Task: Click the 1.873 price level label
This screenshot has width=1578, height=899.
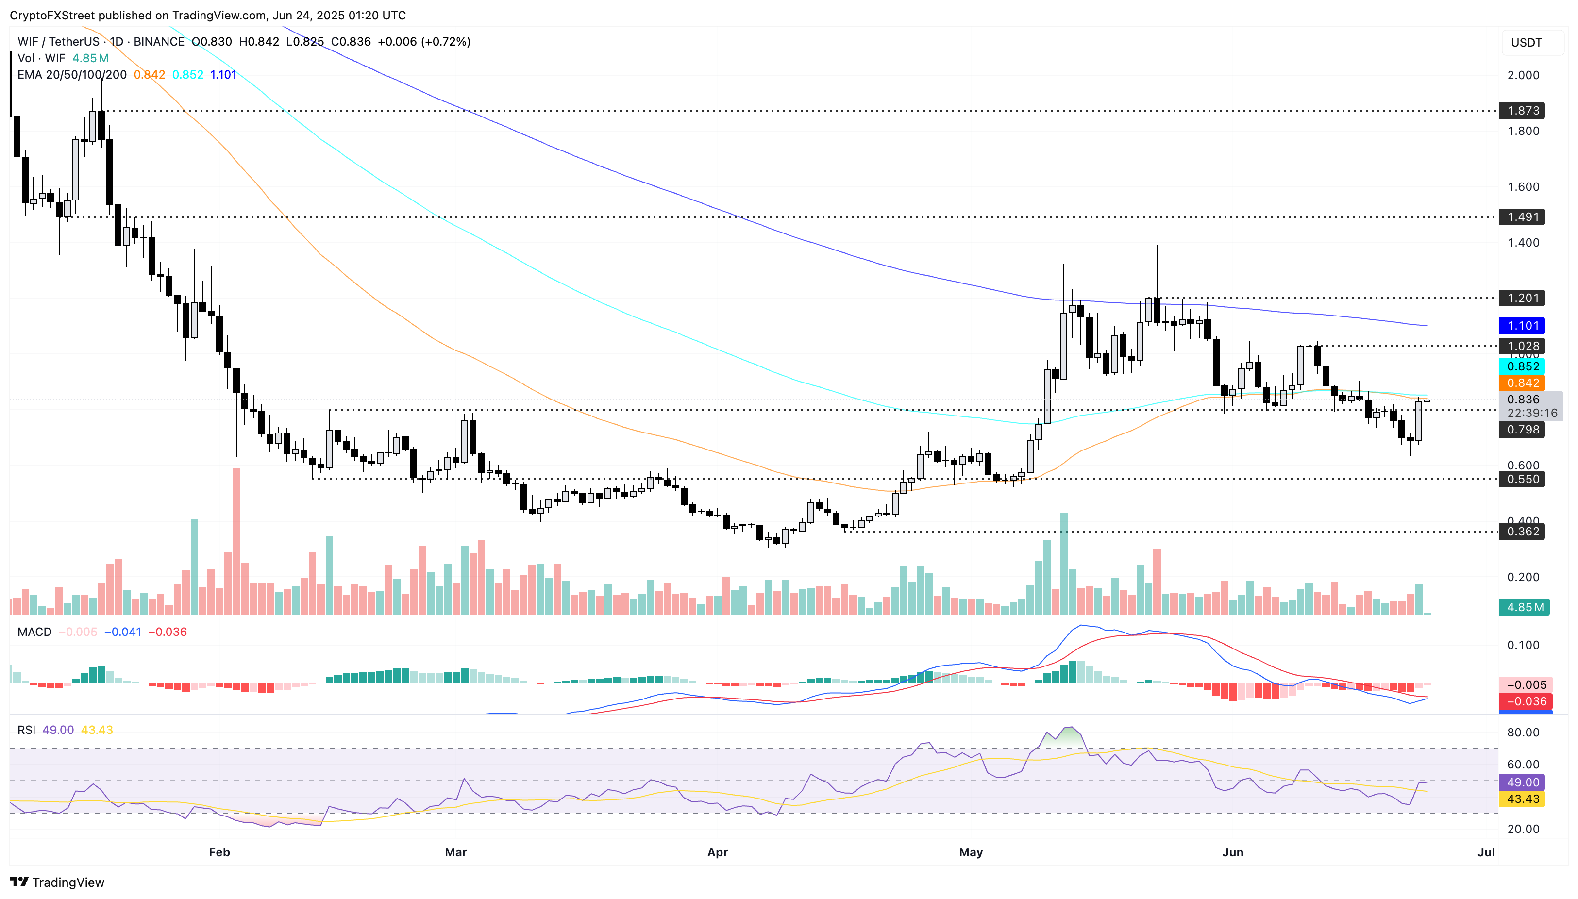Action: click(1523, 111)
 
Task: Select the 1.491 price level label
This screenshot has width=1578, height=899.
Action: click(1523, 216)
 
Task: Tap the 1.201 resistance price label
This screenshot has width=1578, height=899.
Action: click(1523, 298)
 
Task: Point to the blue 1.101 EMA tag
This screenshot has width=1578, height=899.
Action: click(1523, 325)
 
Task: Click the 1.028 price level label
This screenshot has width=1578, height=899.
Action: click(1523, 346)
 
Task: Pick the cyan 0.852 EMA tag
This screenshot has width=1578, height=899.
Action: click(1523, 366)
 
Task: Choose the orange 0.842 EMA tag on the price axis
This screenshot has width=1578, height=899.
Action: click(1523, 383)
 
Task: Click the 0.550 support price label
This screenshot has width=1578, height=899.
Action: click(1523, 479)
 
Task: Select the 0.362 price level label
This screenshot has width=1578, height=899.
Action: click(1523, 532)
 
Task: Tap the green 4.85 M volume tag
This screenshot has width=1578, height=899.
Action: click(1523, 607)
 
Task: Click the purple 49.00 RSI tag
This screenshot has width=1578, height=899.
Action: click(1523, 782)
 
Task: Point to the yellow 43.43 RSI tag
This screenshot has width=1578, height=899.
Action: click(1523, 799)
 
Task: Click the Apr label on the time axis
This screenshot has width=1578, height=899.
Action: click(717, 852)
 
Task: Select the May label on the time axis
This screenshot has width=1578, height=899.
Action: click(970, 852)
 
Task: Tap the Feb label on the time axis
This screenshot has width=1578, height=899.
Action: click(219, 852)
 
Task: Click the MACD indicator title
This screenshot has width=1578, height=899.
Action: click(34, 632)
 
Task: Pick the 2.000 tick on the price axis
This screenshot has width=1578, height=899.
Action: click(1523, 75)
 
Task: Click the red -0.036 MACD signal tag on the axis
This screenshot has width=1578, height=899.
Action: click(1523, 701)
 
